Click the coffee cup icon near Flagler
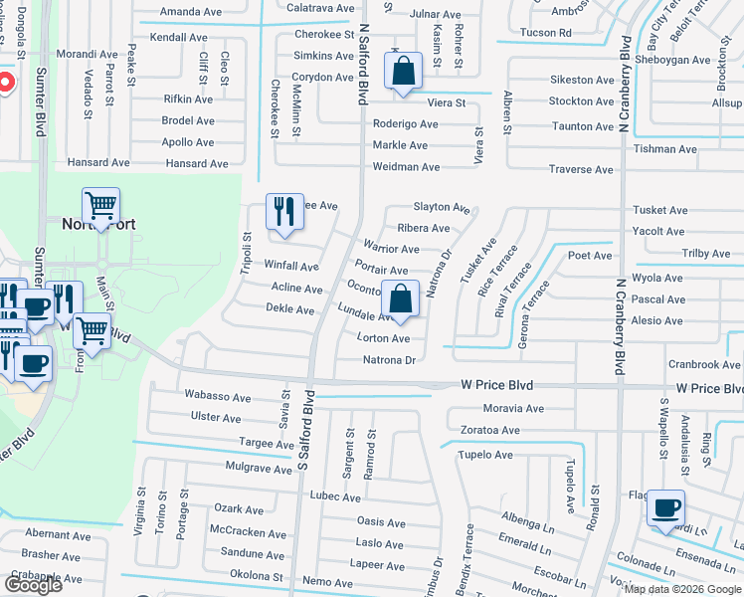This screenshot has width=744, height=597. click(665, 507)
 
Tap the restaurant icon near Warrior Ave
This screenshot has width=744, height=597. click(283, 211)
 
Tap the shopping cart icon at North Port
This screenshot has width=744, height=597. click(100, 206)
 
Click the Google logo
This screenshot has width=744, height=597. click(33, 584)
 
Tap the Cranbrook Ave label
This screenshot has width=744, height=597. click(703, 365)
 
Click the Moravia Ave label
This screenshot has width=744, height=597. click(513, 408)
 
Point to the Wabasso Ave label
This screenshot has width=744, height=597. click(214, 394)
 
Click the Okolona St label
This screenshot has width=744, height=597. click(258, 575)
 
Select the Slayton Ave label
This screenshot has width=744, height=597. click(441, 208)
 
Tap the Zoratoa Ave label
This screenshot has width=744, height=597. click(482, 431)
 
